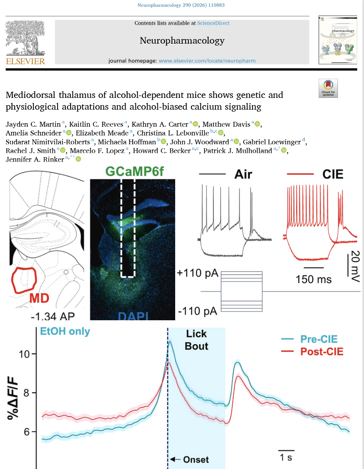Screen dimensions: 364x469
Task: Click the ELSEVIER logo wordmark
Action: (x=25, y=61)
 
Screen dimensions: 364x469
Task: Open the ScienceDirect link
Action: (x=213, y=23)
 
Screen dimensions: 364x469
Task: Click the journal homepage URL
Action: (x=207, y=61)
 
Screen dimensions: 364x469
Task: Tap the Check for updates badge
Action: (x=328, y=88)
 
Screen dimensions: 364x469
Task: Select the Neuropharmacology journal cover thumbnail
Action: (x=338, y=40)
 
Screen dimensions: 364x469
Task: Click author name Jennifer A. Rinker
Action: (x=35, y=159)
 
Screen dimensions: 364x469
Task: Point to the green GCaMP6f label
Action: (x=135, y=172)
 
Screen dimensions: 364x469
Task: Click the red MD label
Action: (x=39, y=298)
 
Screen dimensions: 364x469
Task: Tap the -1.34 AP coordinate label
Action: (x=53, y=316)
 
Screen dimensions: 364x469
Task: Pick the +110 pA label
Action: (x=198, y=273)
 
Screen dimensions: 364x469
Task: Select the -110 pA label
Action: (x=198, y=311)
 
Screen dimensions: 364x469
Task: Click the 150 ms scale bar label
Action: (x=314, y=279)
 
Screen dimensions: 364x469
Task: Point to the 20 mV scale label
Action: (x=355, y=266)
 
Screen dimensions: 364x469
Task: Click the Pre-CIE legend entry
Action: (x=319, y=339)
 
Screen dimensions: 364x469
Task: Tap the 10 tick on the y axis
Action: (x=24, y=354)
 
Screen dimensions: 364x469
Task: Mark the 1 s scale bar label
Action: (x=286, y=457)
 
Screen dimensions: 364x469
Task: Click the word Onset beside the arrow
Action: (x=196, y=460)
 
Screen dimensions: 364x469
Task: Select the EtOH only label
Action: (x=65, y=331)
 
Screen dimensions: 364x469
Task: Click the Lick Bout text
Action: (x=196, y=340)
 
